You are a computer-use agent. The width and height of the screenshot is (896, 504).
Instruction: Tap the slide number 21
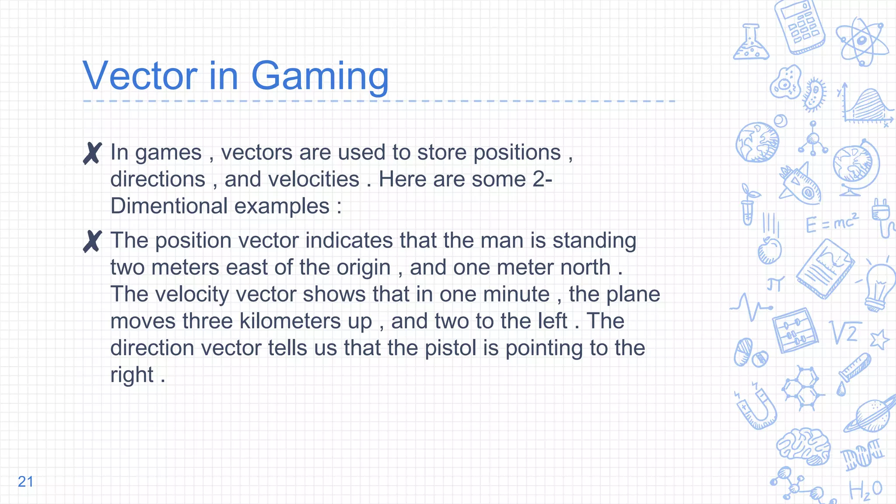coord(25,482)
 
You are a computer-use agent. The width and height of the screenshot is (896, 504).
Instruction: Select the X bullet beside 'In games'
coord(92,153)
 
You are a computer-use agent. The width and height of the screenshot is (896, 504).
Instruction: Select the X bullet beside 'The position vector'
coord(92,241)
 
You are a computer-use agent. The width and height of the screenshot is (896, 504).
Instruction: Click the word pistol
coord(451,348)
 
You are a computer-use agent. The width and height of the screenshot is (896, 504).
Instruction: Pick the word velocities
coord(292,179)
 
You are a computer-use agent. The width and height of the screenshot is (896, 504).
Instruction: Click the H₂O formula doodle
coord(865,490)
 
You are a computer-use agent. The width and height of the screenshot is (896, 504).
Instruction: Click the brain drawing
coord(804,445)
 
